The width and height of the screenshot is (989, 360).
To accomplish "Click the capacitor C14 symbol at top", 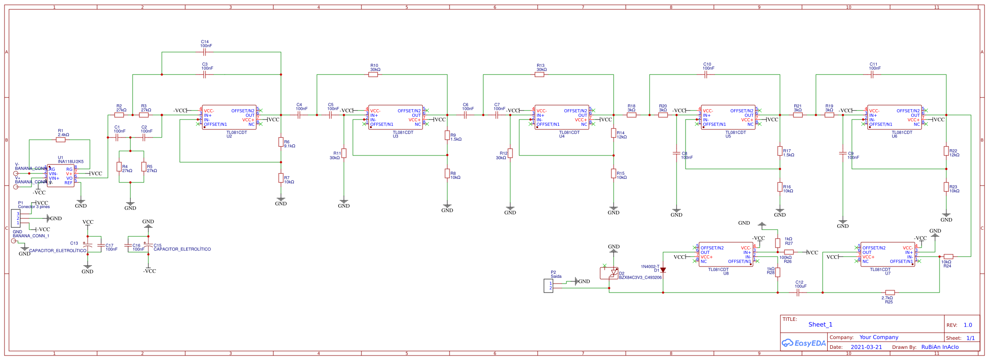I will point(205,52).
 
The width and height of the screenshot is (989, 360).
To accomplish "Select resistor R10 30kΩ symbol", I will point(373,75).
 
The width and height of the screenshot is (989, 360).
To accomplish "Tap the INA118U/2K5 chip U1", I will point(61,176).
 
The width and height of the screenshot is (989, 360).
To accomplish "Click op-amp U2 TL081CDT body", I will point(229,117).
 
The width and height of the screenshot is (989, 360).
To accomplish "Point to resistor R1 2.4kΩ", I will point(61,140).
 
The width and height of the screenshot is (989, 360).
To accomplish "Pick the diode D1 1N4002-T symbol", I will point(663,270).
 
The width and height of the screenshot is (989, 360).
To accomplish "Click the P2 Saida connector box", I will point(548,286).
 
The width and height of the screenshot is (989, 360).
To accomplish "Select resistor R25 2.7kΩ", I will point(890,293).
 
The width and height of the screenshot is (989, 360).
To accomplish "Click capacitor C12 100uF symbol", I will point(798,293).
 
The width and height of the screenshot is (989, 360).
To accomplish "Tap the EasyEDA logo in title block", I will point(804,343).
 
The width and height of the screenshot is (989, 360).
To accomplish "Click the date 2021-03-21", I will point(866,347).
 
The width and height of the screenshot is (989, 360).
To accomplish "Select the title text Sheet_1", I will point(820,324).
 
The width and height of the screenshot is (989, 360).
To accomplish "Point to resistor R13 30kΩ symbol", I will point(539,75).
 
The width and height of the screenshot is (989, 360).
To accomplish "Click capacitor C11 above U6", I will point(872,75).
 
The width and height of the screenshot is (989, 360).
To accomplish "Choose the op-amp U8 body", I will point(726,255).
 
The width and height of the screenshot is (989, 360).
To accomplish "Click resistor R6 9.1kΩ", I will point(281,142).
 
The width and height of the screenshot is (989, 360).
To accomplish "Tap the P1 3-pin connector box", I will point(16,218).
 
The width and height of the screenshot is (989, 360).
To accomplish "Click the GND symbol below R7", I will point(281,199).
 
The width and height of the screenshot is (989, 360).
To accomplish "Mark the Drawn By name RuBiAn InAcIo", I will point(940,347).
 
